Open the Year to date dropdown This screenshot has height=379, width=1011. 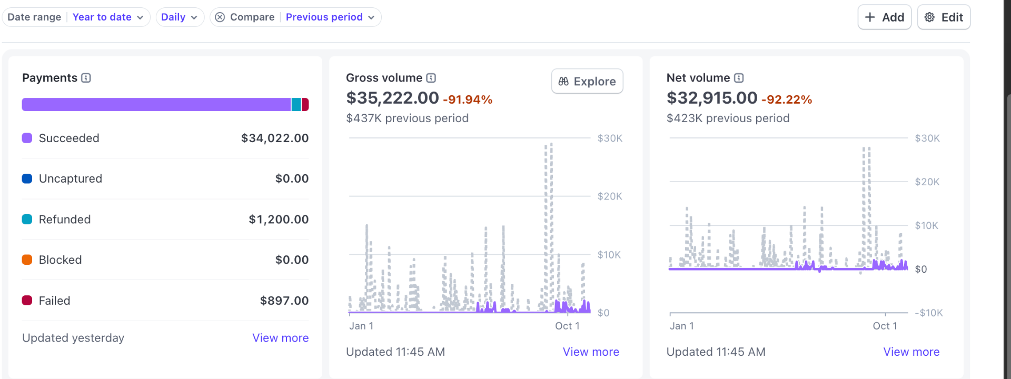click(107, 17)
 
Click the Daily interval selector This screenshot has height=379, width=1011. click(179, 17)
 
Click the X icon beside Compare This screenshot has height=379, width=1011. click(220, 17)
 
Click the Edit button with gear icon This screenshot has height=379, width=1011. click(944, 17)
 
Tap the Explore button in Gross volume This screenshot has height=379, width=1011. click(587, 82)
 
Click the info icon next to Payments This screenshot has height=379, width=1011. click(86, 78)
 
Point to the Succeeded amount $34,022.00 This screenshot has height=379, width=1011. click(274, 138)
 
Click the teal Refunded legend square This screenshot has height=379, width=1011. click(27, 220)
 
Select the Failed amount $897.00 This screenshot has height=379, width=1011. click(284, 301)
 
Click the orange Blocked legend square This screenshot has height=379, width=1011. click(27, 260)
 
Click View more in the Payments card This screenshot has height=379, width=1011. click(280, 338)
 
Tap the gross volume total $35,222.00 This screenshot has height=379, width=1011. click(392, 98)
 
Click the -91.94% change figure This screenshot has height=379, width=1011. click(468, 99)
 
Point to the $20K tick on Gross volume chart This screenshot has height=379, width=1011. click(610, 196)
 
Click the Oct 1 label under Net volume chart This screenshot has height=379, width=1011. click(885, 326)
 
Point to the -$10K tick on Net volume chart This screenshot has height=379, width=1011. click(929, 313)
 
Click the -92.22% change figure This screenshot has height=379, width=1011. click(787, 99)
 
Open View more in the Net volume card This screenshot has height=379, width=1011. click(911, 352)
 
